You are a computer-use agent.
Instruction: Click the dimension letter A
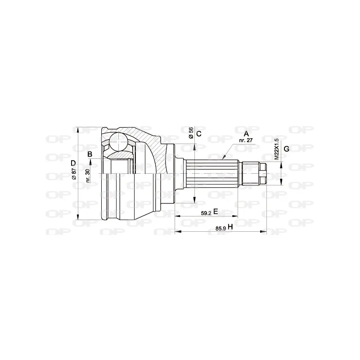click(x=246, y=134)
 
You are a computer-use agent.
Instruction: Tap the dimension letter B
click(x=90, y=154)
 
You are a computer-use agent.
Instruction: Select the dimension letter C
click(x=199, y=134)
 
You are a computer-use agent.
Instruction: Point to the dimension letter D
click(x=73, y=163)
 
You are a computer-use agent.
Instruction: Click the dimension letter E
click(x=216, y=211)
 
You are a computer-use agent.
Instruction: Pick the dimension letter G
click(x=287, y=149)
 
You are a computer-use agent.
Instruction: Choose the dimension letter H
click(x=230, y=227)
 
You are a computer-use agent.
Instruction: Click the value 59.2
click(x=206, y=213)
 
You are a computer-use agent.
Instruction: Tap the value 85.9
click(x=220, y=229)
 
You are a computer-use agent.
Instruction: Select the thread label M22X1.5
click(x=277, y=149)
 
